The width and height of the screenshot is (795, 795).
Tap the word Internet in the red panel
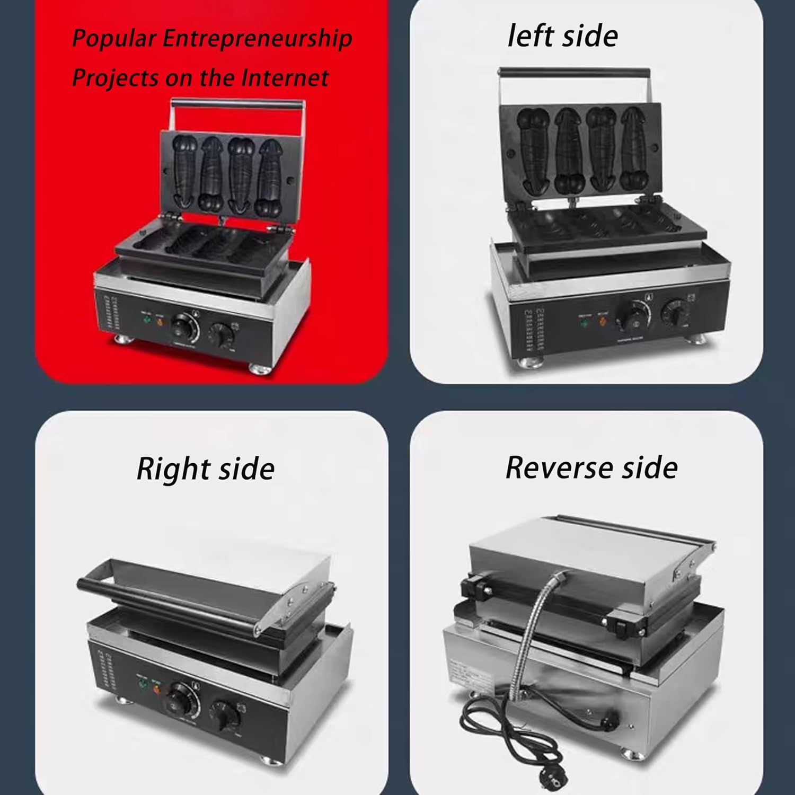pyautogui.click(x=285, y=78)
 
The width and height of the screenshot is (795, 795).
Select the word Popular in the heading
pyautogui.click(x=114, y=39)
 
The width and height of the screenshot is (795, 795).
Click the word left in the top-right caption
pyautogui.click(x=530, y=36)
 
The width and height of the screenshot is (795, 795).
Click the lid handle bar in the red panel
pyautogui.click(x=237, y=104)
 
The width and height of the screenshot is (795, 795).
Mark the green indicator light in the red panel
pyautogui.click(x=146, y=319)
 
